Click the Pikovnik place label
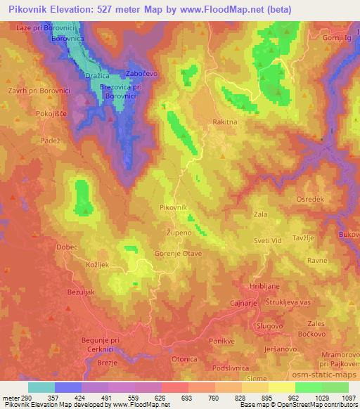coord(173,208)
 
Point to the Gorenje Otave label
coord(179,253)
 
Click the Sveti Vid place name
coord(267,240)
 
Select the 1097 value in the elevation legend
coord(347,398)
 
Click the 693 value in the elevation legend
coord(187,398)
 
